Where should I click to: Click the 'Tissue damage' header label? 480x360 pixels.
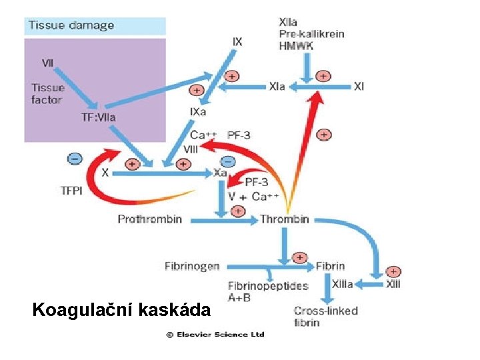click(x=71, y=26)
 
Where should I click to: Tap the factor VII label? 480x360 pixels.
click(x=48, y=63)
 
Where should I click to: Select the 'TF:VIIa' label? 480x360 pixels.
click(x=98, y=117)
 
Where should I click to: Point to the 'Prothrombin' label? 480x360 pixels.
click(x=150, y=219)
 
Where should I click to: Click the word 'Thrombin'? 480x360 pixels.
click(x=285, y=219)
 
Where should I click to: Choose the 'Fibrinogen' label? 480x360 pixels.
click(x=192, y=266)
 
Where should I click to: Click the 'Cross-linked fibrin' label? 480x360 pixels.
click(x=326, y=317)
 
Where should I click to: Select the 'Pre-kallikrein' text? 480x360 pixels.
click(x=311, y=34)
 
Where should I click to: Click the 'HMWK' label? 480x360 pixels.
click(x=295, y=45)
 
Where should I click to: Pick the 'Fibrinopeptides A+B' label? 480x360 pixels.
click(x=268, y=291)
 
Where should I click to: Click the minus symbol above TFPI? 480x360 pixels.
click(x=75, y=159)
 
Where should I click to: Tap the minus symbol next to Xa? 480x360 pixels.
click(x=227, y=161)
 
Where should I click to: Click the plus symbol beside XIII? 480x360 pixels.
click(x=394, y=271)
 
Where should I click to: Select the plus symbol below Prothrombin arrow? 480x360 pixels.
click(x=237, y=211)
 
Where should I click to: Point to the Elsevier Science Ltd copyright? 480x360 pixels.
click(x=215, y=335)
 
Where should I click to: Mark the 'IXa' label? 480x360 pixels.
click(x=198, y=112)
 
